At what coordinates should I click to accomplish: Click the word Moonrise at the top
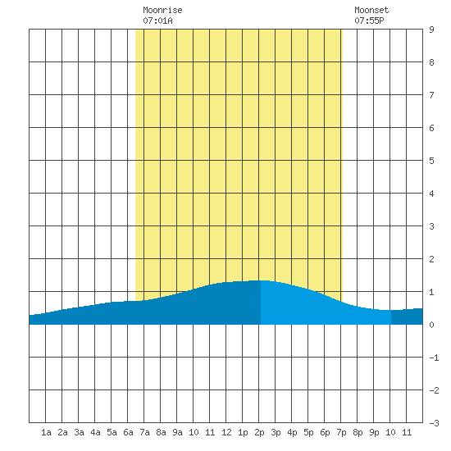[x=162, y=10]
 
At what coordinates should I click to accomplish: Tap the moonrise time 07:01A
[x=157, y=20]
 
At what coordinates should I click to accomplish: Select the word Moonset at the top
[x=371, y=10]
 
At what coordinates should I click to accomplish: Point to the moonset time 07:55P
[x=369, y=20]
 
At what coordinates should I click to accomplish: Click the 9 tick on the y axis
[x=431, y=30]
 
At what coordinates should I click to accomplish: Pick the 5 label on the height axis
[x=431, y=161]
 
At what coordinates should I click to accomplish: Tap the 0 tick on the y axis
[x=431, y=325]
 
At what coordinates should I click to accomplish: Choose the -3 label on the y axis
[x=434, y=423]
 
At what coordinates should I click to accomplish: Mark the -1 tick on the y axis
[x=434, y=358]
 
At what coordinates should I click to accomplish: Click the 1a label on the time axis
[x=46, y=432]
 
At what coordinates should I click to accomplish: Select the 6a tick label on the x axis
[x=128, y=432]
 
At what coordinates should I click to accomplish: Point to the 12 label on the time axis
[x=226, y=432]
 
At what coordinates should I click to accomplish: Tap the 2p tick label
[x=259, y=432]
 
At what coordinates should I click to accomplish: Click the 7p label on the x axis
[x=341, y=432]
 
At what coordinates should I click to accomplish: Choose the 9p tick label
[x=374, y=432]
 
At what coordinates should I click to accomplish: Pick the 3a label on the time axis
[x=79, y=432]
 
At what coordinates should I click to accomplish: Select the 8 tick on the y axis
[x=431, y=62]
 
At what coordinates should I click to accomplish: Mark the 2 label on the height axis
[x=431, y=259]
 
